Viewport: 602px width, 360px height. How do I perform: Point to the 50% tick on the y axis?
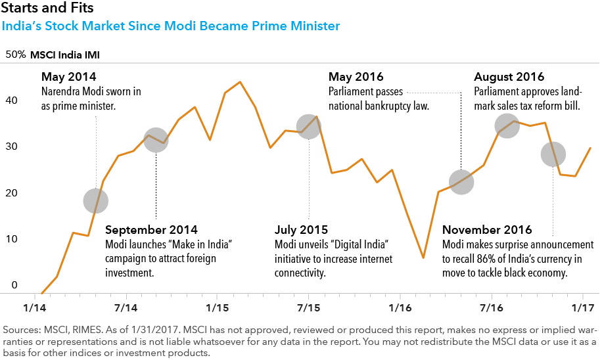tap(15, 55)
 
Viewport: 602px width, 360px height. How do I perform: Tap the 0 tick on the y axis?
tap(14, 285)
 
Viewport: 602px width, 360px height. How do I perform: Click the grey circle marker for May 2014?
tap(97, 200)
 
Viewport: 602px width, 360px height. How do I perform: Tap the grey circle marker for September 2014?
tap(156, 140)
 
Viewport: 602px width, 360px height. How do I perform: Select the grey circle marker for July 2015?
tap(309, 126)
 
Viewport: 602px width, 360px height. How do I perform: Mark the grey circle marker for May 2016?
tap(461, 182)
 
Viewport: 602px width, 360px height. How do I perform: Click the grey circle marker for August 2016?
tap(507, 124)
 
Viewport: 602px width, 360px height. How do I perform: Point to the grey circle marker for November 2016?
tap(553, 154)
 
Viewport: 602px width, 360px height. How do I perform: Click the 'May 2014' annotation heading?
tap(68, 76)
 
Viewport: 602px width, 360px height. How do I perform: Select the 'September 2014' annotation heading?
tap(151, 231)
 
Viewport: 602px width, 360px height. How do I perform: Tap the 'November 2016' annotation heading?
tap(487, 231)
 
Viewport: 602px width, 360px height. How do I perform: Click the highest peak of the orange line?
tap(240, 82)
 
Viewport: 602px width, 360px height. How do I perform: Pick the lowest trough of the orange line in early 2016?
tap(423, 258)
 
